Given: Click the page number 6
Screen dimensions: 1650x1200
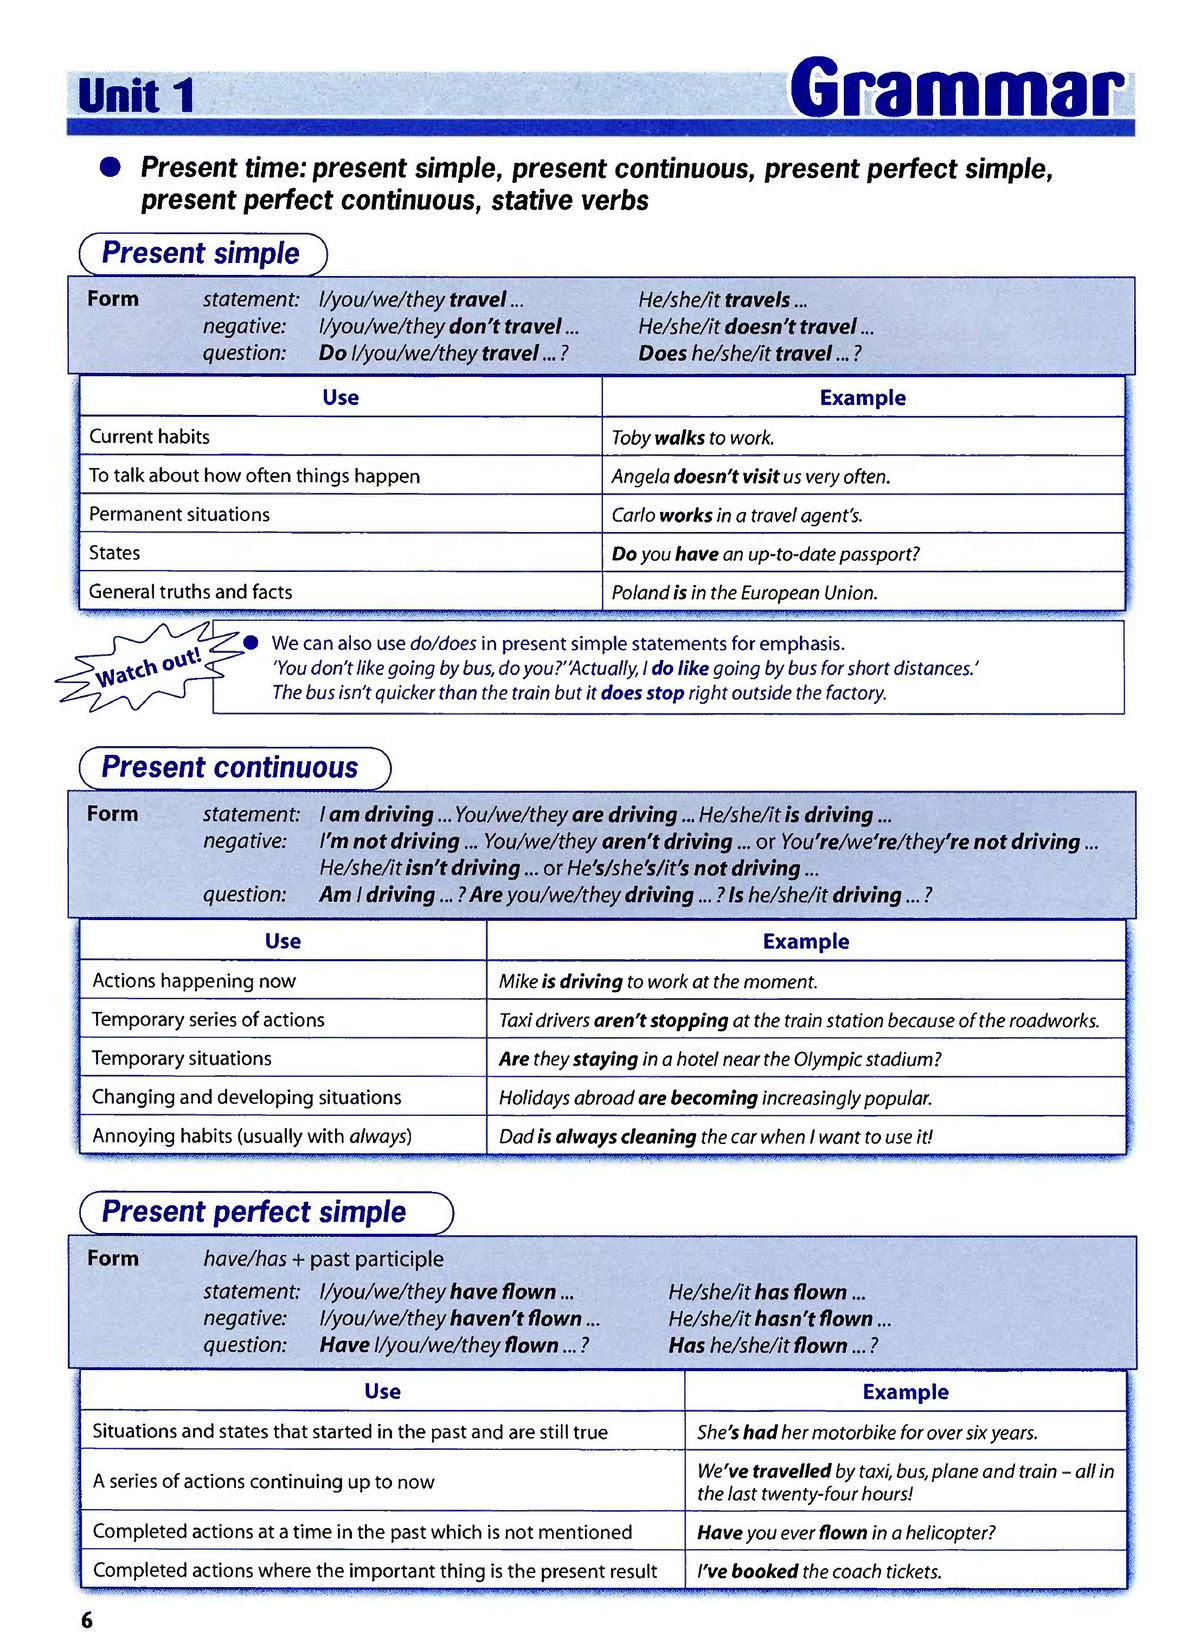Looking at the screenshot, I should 87,1620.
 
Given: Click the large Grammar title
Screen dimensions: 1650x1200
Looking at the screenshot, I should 959,90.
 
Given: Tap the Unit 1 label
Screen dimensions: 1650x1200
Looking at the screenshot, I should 136,97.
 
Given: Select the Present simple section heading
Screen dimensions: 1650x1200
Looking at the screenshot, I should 201,254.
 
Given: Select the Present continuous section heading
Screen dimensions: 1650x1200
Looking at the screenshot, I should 230,768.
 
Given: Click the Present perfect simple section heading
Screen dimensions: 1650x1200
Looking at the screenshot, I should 254,1212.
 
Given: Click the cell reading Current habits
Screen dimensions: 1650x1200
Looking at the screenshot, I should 150,437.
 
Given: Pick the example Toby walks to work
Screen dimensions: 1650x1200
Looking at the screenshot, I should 693,438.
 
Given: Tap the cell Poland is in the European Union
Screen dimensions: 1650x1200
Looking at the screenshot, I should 745,593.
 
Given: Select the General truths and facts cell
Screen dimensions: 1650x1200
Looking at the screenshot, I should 191,592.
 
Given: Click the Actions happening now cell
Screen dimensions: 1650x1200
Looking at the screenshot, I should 194,981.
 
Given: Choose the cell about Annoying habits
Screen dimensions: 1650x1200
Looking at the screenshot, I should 252,1136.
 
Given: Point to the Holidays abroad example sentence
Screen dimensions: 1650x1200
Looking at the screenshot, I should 716,1098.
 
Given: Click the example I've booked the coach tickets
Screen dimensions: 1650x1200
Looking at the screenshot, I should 819,1571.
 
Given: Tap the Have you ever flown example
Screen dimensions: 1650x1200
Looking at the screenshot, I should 846,1532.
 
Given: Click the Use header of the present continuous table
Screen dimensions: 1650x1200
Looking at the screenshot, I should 283,941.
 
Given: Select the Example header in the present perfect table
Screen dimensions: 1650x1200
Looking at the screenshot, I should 905,1392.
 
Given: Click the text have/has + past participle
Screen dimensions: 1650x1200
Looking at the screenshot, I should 324,1259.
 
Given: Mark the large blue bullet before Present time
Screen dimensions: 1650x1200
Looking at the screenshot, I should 110,167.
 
